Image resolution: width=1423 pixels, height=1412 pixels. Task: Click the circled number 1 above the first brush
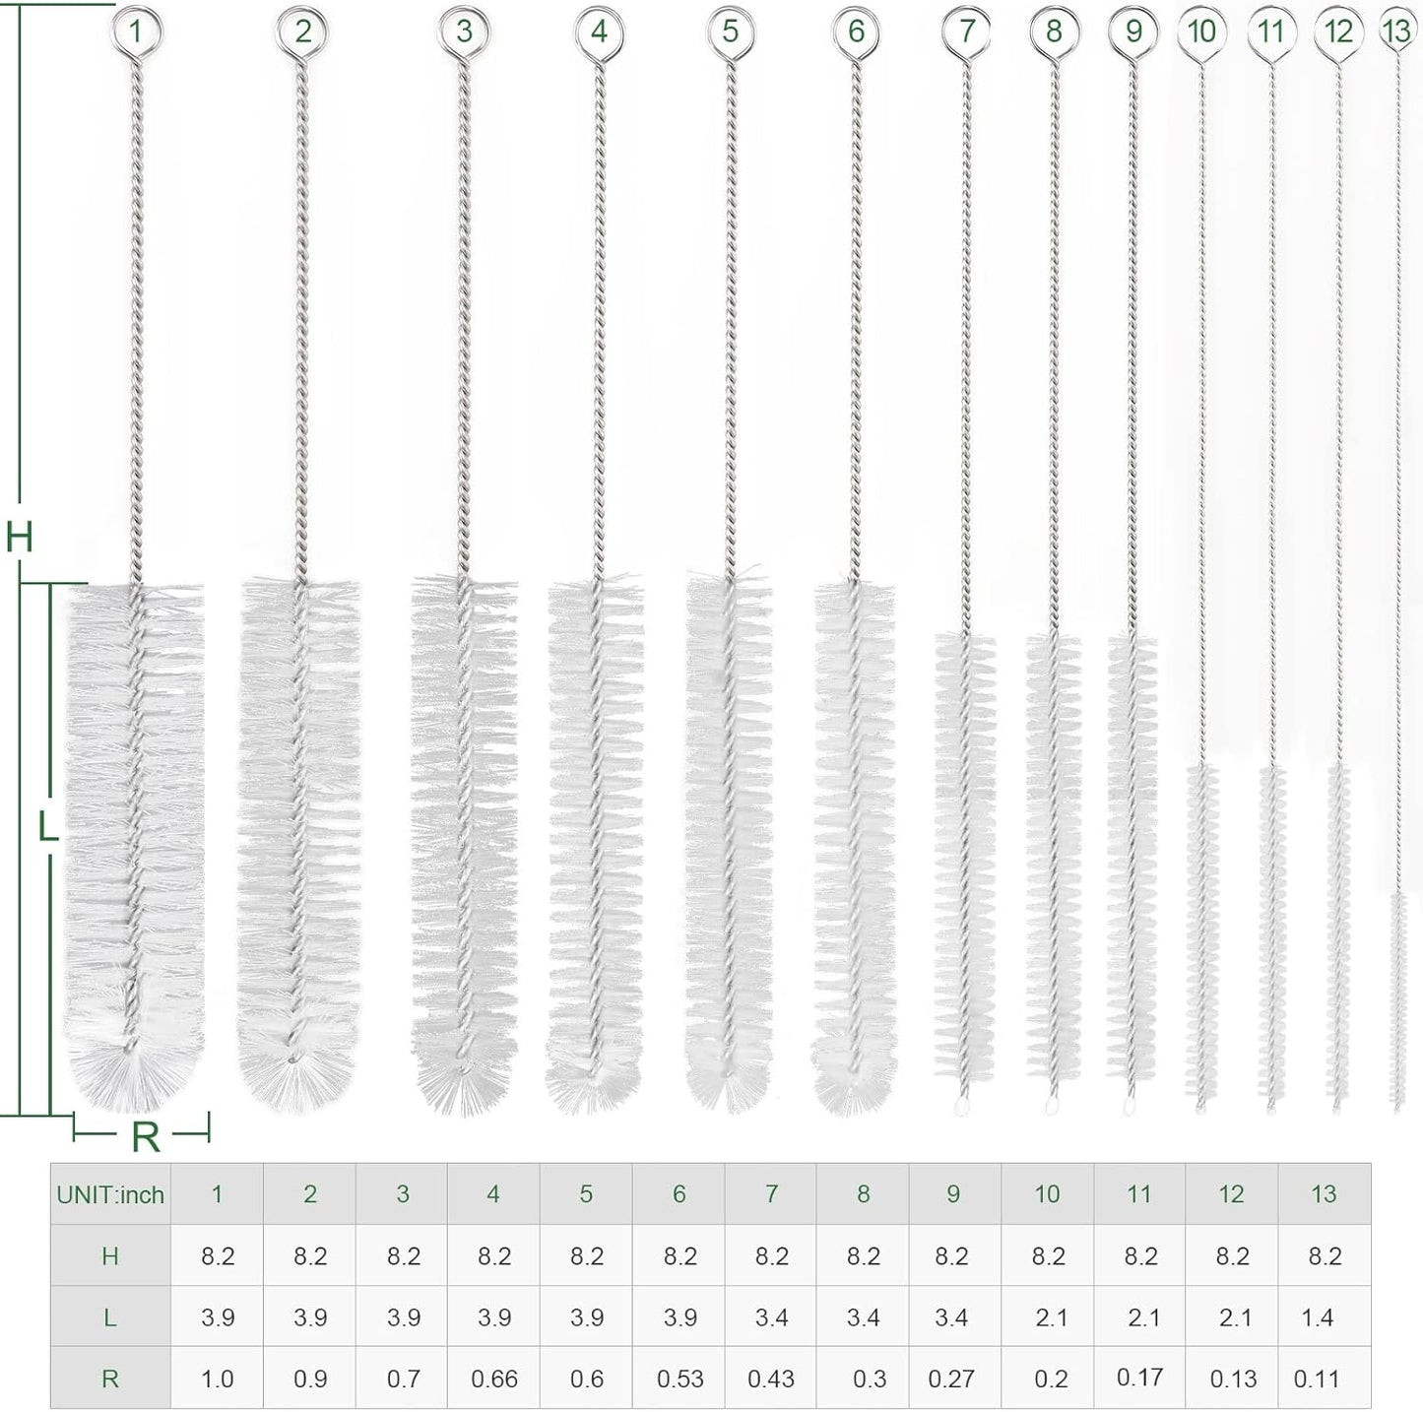click(135, 32)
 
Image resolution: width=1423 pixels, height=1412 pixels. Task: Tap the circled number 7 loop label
click(966, 31)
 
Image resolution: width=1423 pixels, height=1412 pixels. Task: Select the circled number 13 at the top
click(1396, 31)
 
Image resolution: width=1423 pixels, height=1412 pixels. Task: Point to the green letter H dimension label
click(20, 538)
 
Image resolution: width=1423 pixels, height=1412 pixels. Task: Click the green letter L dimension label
click(46, 827)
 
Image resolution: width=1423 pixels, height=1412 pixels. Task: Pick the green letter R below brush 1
click(145, 1137)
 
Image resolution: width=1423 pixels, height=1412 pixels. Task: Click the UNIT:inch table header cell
click(110, 1194)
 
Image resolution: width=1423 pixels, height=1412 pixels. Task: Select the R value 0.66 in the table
click(493, 1379)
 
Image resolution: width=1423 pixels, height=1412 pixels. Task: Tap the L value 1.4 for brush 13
click(1317, 1317)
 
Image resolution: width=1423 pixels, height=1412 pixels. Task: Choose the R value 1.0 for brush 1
click(217, 1379)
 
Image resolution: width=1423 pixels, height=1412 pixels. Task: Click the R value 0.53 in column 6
click(679, 1379)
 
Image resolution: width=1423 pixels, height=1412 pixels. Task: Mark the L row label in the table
click(110, 1317)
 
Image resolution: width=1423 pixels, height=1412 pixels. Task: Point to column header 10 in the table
click(1047, 1194)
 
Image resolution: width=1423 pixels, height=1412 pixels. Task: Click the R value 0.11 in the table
click(1317, 1379)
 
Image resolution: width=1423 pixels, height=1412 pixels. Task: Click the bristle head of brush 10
click(1200, 935)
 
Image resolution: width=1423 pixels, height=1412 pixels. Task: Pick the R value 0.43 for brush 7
click(770, 1379)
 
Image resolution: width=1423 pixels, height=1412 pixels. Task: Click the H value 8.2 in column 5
click(586, 1256)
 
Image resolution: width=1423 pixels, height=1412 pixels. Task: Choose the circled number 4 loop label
click(599, 32)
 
